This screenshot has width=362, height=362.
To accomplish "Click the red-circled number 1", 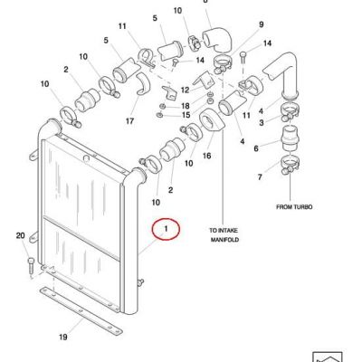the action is coord(166,229).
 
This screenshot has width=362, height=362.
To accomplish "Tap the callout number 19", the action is coord(63,337).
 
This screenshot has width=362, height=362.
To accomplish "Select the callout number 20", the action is coord(20,235).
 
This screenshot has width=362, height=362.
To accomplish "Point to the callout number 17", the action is coord(129,121).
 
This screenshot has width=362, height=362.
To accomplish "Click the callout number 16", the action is coord(206,156).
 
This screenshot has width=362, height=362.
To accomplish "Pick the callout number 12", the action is coord(185,90).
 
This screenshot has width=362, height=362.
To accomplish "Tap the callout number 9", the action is coord(262,24).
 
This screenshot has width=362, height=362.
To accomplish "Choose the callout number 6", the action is coord(256,148).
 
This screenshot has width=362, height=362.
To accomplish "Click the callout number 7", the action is coord(260,176).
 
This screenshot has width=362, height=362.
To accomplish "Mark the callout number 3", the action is coord(262,122).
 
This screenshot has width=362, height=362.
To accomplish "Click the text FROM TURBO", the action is coord(294,207).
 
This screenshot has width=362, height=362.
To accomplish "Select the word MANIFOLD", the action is coord(224,240).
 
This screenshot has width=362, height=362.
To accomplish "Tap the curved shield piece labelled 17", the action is coord(142,83).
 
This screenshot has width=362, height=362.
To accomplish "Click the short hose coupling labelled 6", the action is coord(290,138).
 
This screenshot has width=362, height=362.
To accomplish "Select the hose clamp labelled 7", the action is coord(289,164).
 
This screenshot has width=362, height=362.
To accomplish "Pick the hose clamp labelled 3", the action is coord(290,111).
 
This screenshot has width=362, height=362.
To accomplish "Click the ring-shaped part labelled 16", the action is coord(212,120).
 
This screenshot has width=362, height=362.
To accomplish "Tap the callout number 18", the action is coord(186,106).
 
